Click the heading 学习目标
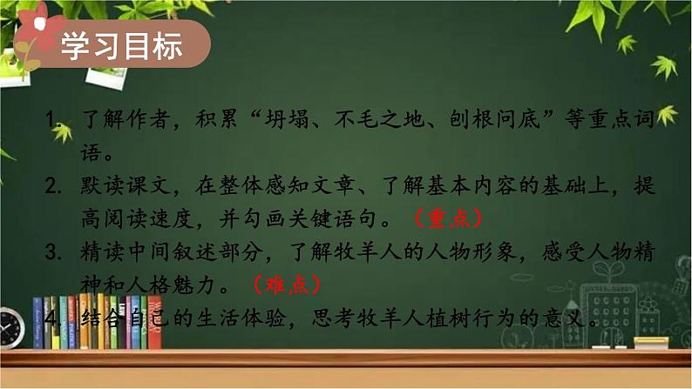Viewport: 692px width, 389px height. point(121,47)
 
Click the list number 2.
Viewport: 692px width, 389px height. point(53,189)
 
